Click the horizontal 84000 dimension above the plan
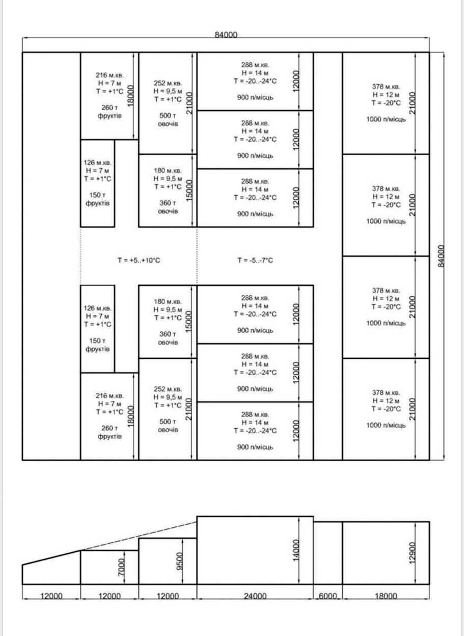pos(226,35)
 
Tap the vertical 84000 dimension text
pos(441,256)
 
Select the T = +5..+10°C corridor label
pos(139,260)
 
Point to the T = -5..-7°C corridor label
pos(255,260)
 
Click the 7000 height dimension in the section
pos(121,567)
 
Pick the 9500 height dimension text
pos(180,561)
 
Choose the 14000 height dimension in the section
pos(296,550)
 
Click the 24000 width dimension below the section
pos(255,596)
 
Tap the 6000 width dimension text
pos(328,596)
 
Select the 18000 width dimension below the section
pos(386,596)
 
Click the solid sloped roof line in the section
pos(51,558)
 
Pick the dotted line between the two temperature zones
pos(197,256)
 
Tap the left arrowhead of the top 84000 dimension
pos(23,38)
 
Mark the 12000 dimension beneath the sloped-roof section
pos(51,596)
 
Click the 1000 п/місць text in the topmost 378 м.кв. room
pos(386,119)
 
